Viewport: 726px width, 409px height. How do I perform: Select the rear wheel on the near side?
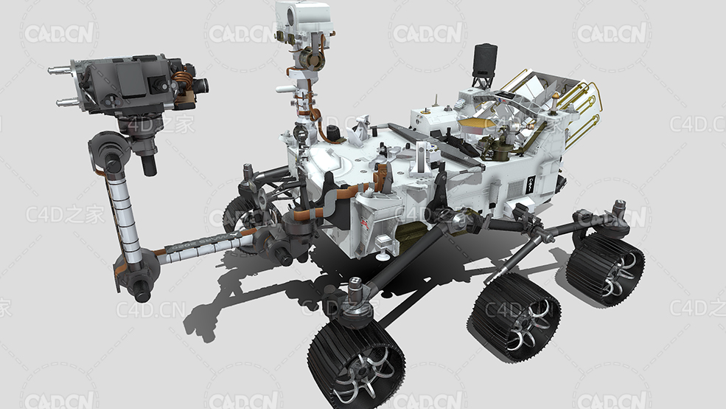point(606,269)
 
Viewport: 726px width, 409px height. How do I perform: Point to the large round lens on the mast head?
point(291,17)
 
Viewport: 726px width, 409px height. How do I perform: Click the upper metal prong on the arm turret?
point(60,70)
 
